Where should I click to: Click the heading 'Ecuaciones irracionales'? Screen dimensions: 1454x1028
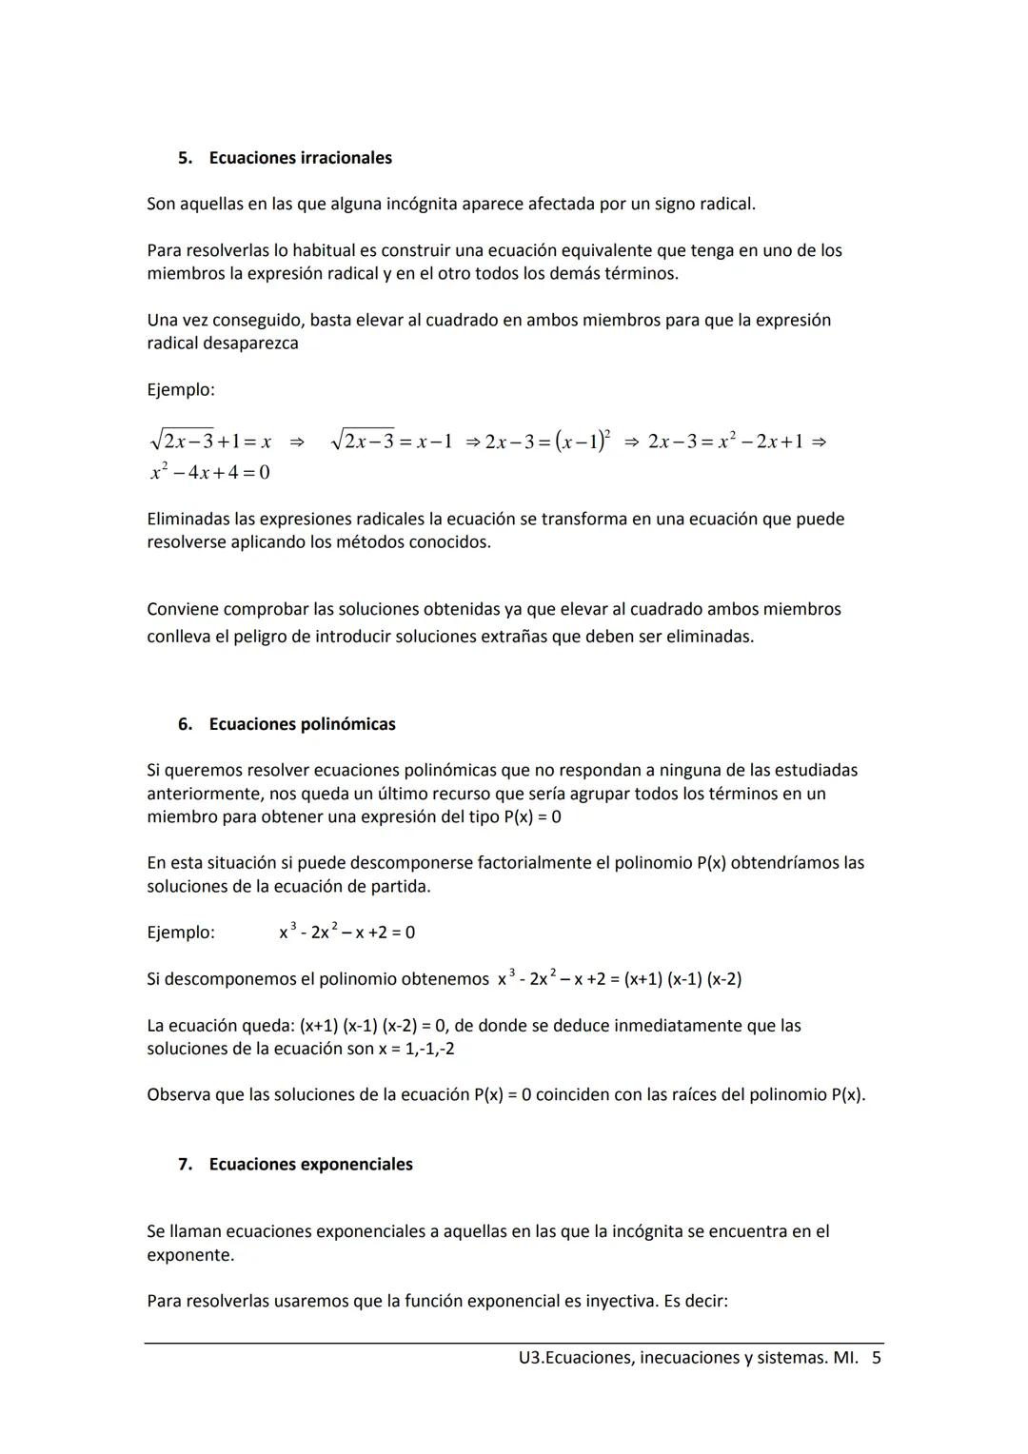point(300,158)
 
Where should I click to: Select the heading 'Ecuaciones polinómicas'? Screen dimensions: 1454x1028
point(302,724)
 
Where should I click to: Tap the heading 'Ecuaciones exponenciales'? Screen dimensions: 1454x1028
point(310,1165)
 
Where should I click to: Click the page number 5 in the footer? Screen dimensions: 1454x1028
point(877,1358)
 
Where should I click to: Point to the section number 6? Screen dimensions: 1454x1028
point(185,724)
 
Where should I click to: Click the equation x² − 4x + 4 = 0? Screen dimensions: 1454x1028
point(209,472)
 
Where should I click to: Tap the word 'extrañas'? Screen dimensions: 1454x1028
point(514,637)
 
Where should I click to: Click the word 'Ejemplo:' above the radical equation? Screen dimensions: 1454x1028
point(181,390)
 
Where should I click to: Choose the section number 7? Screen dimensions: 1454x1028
point(185,1165)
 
